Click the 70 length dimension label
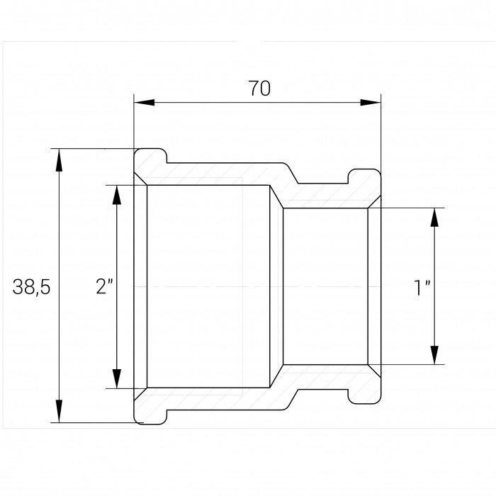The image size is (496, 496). (259, 89)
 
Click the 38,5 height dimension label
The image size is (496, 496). (31, 287)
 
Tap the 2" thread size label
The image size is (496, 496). (104, 286)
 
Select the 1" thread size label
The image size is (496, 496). (422, 288)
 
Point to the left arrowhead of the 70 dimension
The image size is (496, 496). (145, 103)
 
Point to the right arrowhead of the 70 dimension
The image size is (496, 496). (371, 103)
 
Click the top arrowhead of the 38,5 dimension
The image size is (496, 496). (59, 159)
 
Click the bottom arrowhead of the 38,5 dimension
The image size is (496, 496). (59, 411)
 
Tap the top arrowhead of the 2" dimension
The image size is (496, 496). (117, 195)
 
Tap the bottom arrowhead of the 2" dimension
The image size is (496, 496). (117, 378)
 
